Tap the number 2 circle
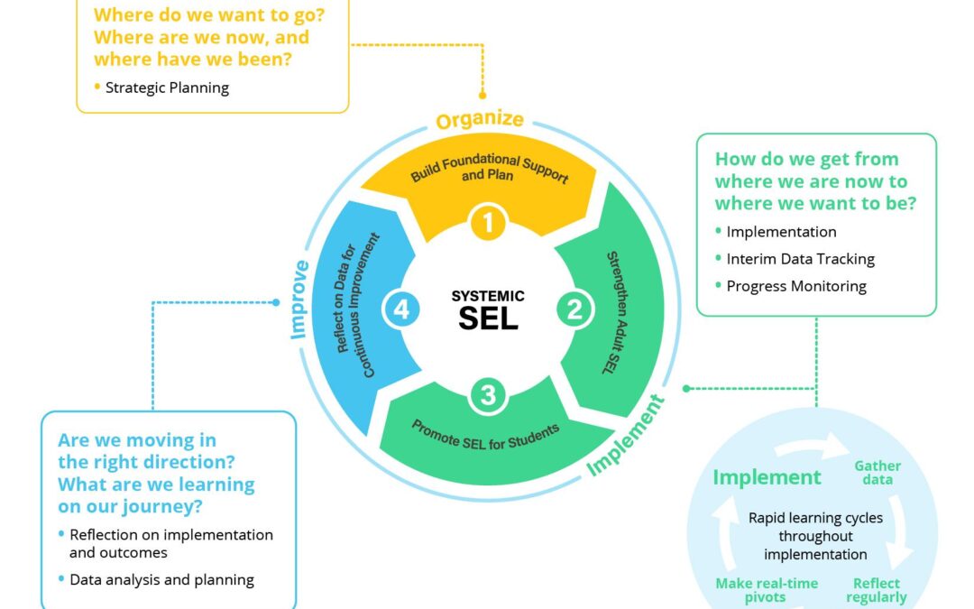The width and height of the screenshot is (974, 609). click(574, 310)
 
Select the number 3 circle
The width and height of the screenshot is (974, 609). click(488, 395)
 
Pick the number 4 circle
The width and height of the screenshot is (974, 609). click(401, 310)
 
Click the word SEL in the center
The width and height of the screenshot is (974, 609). click(488, 318)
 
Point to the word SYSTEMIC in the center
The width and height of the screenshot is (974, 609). click(488, 296)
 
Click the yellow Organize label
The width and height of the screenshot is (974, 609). click(480, 120)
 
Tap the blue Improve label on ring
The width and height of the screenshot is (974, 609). click(299, 300)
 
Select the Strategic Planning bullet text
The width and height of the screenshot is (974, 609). click(167, 88)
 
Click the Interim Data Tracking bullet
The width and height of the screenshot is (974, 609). click(800, 259)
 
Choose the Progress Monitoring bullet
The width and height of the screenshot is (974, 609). click(796, 286)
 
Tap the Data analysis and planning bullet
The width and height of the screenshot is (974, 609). click(161, 579)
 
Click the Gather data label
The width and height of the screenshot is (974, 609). click(877, 473)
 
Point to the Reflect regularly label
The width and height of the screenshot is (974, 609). click(876, 590)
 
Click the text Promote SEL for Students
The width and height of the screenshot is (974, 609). click(485, 436)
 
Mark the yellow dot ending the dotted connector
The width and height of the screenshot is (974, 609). click(482, 94)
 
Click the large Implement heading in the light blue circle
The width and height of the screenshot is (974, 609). click(767, 477)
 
